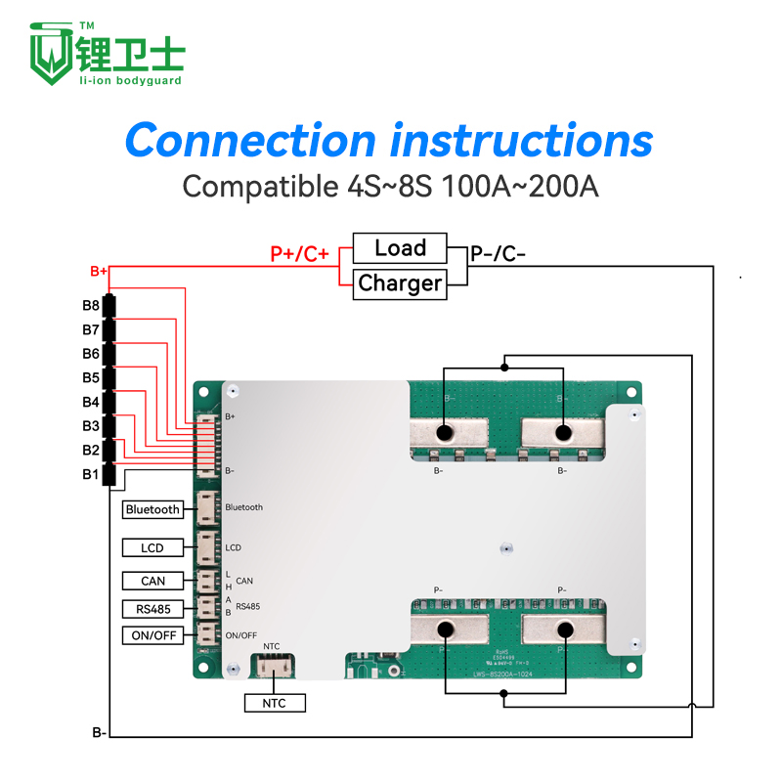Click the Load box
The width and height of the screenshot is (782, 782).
(400, 248)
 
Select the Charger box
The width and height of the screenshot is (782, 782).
(400, 283)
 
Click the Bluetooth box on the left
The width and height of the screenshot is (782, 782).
(152, 509)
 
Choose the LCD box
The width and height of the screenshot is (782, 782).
(152, 547)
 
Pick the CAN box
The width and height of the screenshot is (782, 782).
(152, 581)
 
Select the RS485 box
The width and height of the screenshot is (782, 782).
(152, 609)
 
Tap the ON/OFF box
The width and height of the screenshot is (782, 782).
(152, 635)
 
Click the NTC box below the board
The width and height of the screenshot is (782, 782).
(275, 702)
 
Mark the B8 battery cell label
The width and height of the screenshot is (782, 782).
(91, 306)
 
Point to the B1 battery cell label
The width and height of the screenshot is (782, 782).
(91, 475)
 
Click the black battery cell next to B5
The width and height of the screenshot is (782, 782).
(109, 378)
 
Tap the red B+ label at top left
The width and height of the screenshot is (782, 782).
(98, 271)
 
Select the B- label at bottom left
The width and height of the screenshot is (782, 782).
(99, 732)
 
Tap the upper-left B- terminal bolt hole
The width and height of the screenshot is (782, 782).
(444, 432)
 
